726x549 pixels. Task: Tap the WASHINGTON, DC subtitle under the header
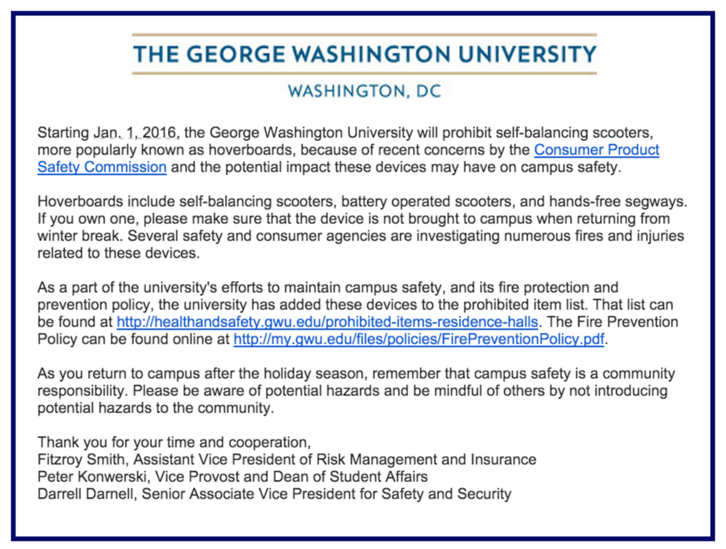[x=364, y=91]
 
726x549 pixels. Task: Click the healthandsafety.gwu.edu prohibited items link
[x=327, y=322]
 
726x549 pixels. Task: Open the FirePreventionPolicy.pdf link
[x=419, y=339]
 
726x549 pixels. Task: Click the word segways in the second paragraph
[x=657, y=201]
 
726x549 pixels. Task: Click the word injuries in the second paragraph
[x=662, y=236]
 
